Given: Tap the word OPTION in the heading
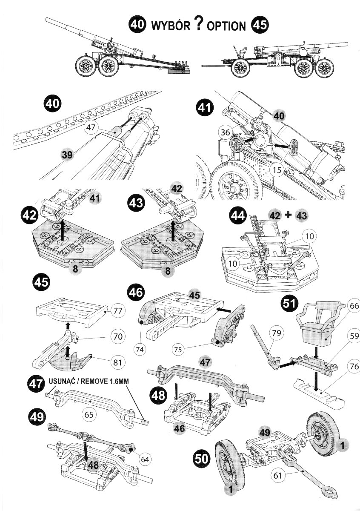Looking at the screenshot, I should click(x=227, y=26).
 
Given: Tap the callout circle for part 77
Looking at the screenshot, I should click(x=118, y=311).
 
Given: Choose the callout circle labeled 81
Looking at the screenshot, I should click(x=118, y=362).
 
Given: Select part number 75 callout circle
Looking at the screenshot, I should click(x=179, y=349).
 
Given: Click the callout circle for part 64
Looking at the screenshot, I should click(x=145, y=459).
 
